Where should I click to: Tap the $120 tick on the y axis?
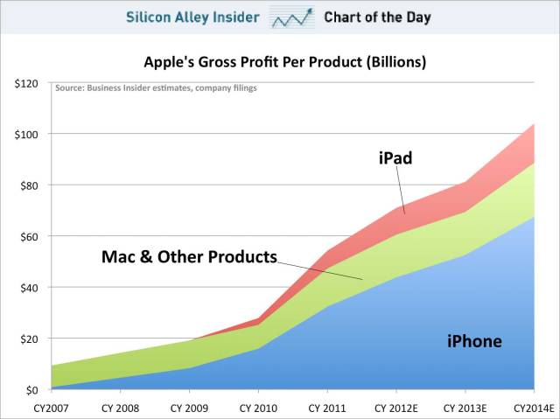pos(24,83)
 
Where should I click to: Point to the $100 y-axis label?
pos(24,134)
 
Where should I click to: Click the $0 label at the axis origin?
pos(30,389)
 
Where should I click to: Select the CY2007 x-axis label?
pos(52,407)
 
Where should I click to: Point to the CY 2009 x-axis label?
pos(190,407)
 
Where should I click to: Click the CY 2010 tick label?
pos(258,407)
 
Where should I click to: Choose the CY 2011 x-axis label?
pos(327,407)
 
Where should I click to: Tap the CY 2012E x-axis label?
pos(395,407)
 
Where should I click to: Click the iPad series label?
pos(395,158)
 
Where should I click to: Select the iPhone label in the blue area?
pos(474,341)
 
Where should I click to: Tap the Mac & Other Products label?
pos(189,257)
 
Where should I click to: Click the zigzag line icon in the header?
pos(292,17)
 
